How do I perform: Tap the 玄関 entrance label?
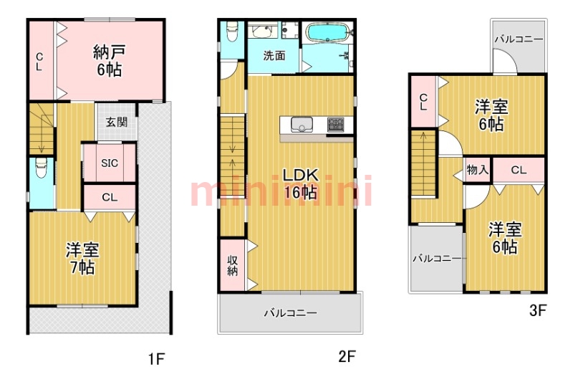(117, 122)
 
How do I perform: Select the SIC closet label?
(109, 163)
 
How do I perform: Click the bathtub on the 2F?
(326, 33)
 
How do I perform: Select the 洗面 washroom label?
(273, 56)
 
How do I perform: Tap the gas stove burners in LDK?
(336, 125)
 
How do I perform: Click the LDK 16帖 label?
(300, 183)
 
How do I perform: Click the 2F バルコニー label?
(289, 312)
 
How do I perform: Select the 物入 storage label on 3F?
(477, 170)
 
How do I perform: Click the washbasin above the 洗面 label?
(263, 32)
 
